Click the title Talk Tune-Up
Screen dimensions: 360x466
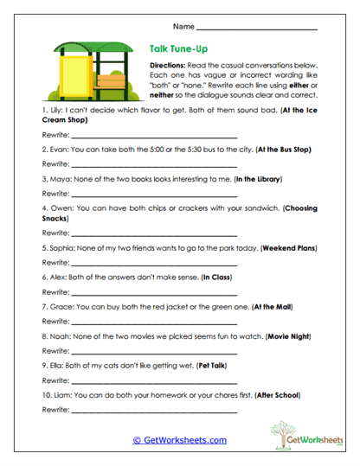click(177, 50)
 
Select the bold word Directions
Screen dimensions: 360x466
click(170, 67)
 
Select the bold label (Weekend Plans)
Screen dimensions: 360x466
click(268, 247)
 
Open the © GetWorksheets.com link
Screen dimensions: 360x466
click(179, 440)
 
